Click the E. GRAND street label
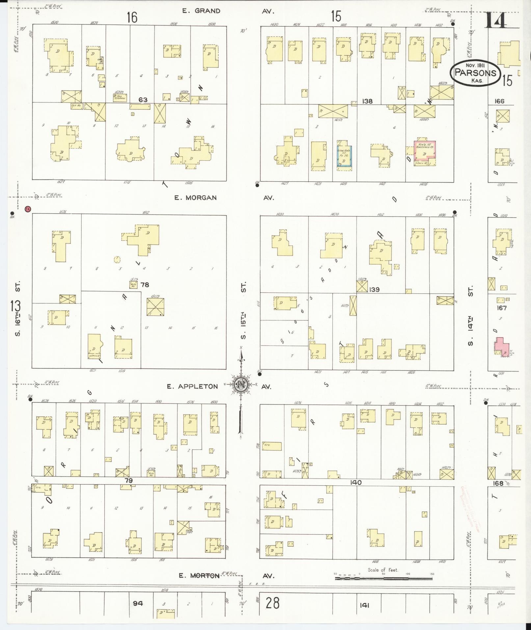[201, 11]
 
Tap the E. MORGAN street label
[196, 198]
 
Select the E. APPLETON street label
[192, 386]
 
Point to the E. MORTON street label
[199, 575]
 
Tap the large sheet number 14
[495, 20]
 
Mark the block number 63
[143, 99]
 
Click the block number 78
[145, 285]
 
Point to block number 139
[374, 289]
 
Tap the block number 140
[356, 482]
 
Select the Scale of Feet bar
[384, 578]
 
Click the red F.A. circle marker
[28, 208]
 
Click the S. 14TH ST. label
[471, 315]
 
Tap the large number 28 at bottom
[273, 603]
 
